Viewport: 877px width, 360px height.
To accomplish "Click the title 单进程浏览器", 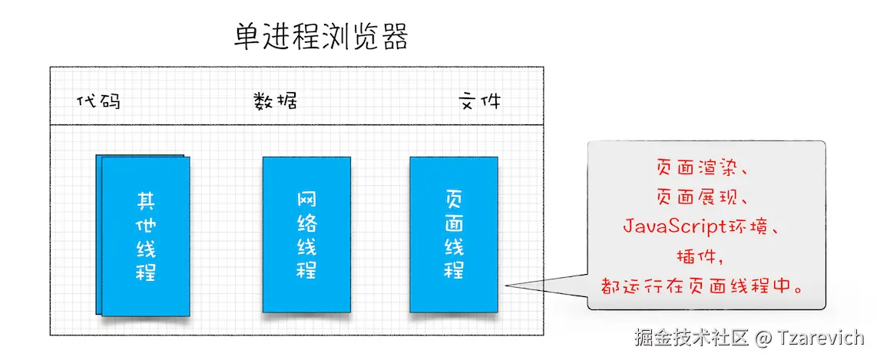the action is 321,36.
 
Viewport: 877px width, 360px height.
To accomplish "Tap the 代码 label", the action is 99,101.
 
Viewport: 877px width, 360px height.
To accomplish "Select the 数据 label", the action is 275,101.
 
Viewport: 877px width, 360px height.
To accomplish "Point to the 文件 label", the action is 479,101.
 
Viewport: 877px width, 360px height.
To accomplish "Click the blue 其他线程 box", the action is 144,236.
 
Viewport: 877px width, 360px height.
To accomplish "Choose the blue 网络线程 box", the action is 306,235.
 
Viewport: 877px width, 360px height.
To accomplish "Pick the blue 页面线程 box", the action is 453,234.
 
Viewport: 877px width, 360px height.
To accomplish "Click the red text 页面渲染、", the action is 707,167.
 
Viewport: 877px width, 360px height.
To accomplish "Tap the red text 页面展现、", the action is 707,197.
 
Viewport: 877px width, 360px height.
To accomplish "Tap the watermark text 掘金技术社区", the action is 690,338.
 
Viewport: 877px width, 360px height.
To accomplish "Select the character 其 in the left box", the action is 145,201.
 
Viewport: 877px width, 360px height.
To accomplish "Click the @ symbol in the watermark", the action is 763,338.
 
